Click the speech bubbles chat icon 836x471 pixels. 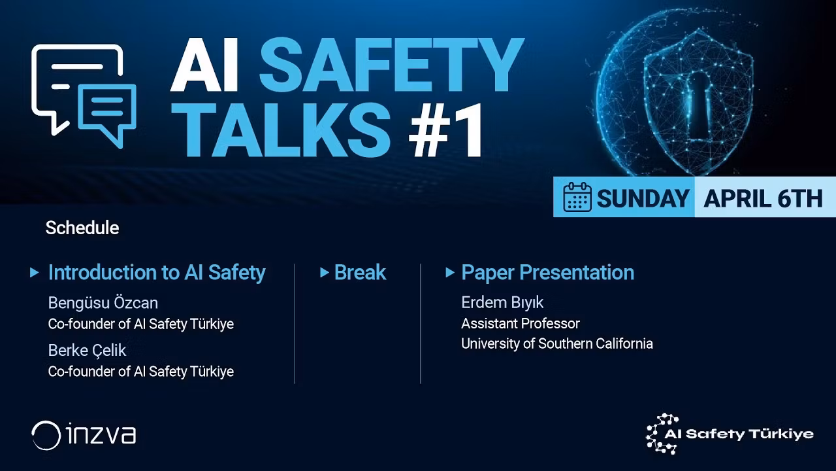[x=84, y=94]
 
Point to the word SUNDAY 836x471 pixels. [x=643, y=198]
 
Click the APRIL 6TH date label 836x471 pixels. [x=763, y=198]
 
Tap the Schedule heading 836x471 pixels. [x=82, y=228]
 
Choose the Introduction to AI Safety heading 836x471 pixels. [x=157, y=273]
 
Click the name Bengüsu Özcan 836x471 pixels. [x=103, y=303]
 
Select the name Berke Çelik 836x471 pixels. [x=87, y=351]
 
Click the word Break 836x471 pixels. [x=360, y=273]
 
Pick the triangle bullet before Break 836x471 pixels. [x=324, y=273]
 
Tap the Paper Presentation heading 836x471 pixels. [x=547, y=273]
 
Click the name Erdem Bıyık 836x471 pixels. [x=502, y=303]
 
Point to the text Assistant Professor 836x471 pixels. [x=521, y=323]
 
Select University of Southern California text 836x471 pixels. [x=556, y=343]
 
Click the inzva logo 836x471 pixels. [x=84, y=435]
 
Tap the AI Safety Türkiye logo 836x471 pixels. [x=730, y=434]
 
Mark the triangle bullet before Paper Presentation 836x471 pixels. [x=449, y=273]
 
